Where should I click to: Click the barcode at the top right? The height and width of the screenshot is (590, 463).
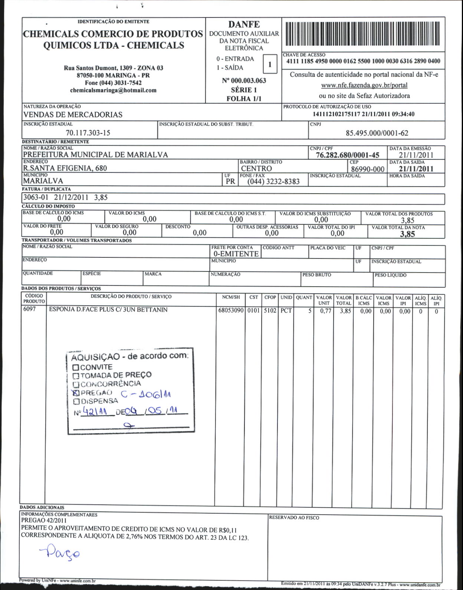coord(363,34)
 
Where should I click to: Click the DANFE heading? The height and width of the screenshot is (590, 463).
coord(244,24)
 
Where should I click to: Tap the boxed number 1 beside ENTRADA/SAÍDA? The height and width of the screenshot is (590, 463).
coord(270,64)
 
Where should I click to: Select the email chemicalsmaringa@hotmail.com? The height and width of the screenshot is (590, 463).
coord(113,90)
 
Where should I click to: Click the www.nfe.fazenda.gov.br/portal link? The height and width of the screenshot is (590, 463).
coord(364,85)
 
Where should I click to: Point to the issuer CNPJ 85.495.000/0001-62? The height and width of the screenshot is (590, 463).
coord(377,133)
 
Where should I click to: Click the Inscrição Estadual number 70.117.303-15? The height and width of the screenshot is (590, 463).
coord(88,133)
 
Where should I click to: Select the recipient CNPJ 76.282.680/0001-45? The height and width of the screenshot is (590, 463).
coord(348,155)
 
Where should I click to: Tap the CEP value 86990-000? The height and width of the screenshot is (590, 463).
coord(368,169)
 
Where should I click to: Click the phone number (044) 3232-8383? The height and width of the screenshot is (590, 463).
coord(273,182)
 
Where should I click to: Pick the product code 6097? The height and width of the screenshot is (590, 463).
coord(29,310)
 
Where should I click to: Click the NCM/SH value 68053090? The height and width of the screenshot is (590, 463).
coord(230,311)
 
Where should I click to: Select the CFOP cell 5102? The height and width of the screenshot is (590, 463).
coord(270,311)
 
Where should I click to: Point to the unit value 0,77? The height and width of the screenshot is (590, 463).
coord(325,311)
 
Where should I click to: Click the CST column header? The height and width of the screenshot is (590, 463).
coord(254,297)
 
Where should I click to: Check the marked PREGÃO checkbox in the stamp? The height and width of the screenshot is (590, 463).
coord(76,392)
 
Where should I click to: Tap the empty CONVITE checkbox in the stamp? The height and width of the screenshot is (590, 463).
coord(76,367)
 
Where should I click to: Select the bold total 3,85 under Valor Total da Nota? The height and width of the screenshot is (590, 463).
coord(407,234)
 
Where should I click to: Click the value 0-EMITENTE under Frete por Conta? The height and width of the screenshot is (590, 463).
coord(236,254)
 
